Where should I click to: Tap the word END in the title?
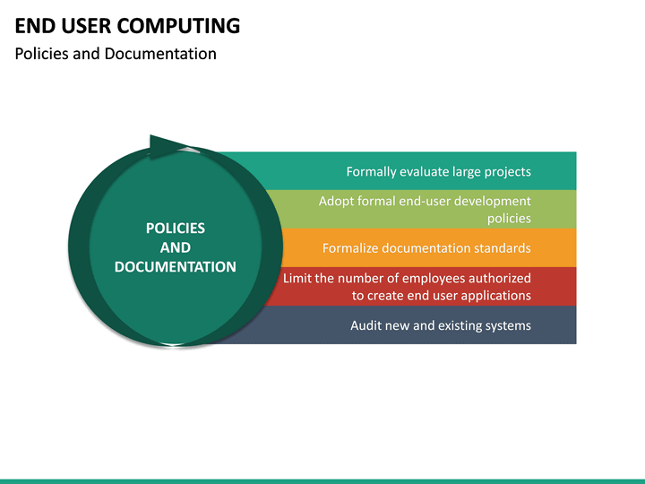coord(33,25)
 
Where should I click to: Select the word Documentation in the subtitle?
coord(160,54)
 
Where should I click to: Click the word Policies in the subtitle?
coord(42,54)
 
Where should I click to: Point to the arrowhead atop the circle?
coord(167,147)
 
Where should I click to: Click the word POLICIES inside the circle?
coord(176,229)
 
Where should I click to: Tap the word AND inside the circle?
coord(176,247)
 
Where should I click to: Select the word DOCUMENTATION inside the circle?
coord(176,267)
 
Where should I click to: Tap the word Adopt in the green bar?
coord(336,201)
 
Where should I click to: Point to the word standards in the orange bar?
coord(503,248)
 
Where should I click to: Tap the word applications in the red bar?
coord(494,295)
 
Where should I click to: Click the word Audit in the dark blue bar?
coord(366,325)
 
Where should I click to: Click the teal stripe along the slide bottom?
coord(322,480)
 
